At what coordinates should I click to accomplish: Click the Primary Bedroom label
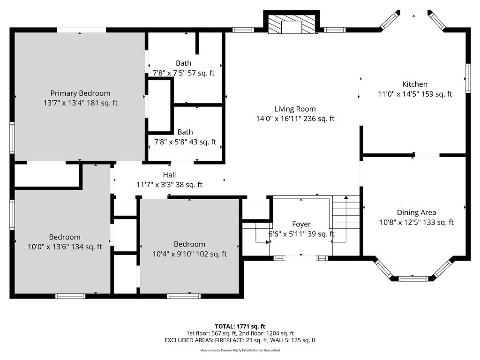(80, 93)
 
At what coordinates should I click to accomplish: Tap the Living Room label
(295, 109)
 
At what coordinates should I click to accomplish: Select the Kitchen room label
(415, 84)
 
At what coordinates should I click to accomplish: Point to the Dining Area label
(416, 212)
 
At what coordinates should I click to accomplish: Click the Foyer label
(301, 225)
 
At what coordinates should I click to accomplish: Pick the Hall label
(169, 175)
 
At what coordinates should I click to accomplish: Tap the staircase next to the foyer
(345, 219)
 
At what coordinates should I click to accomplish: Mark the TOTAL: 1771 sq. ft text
(240, 326)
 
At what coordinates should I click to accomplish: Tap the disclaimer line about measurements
(240, 350)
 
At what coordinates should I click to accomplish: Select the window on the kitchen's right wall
(468, 78)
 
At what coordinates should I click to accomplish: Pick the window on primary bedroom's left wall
(12, 137)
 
